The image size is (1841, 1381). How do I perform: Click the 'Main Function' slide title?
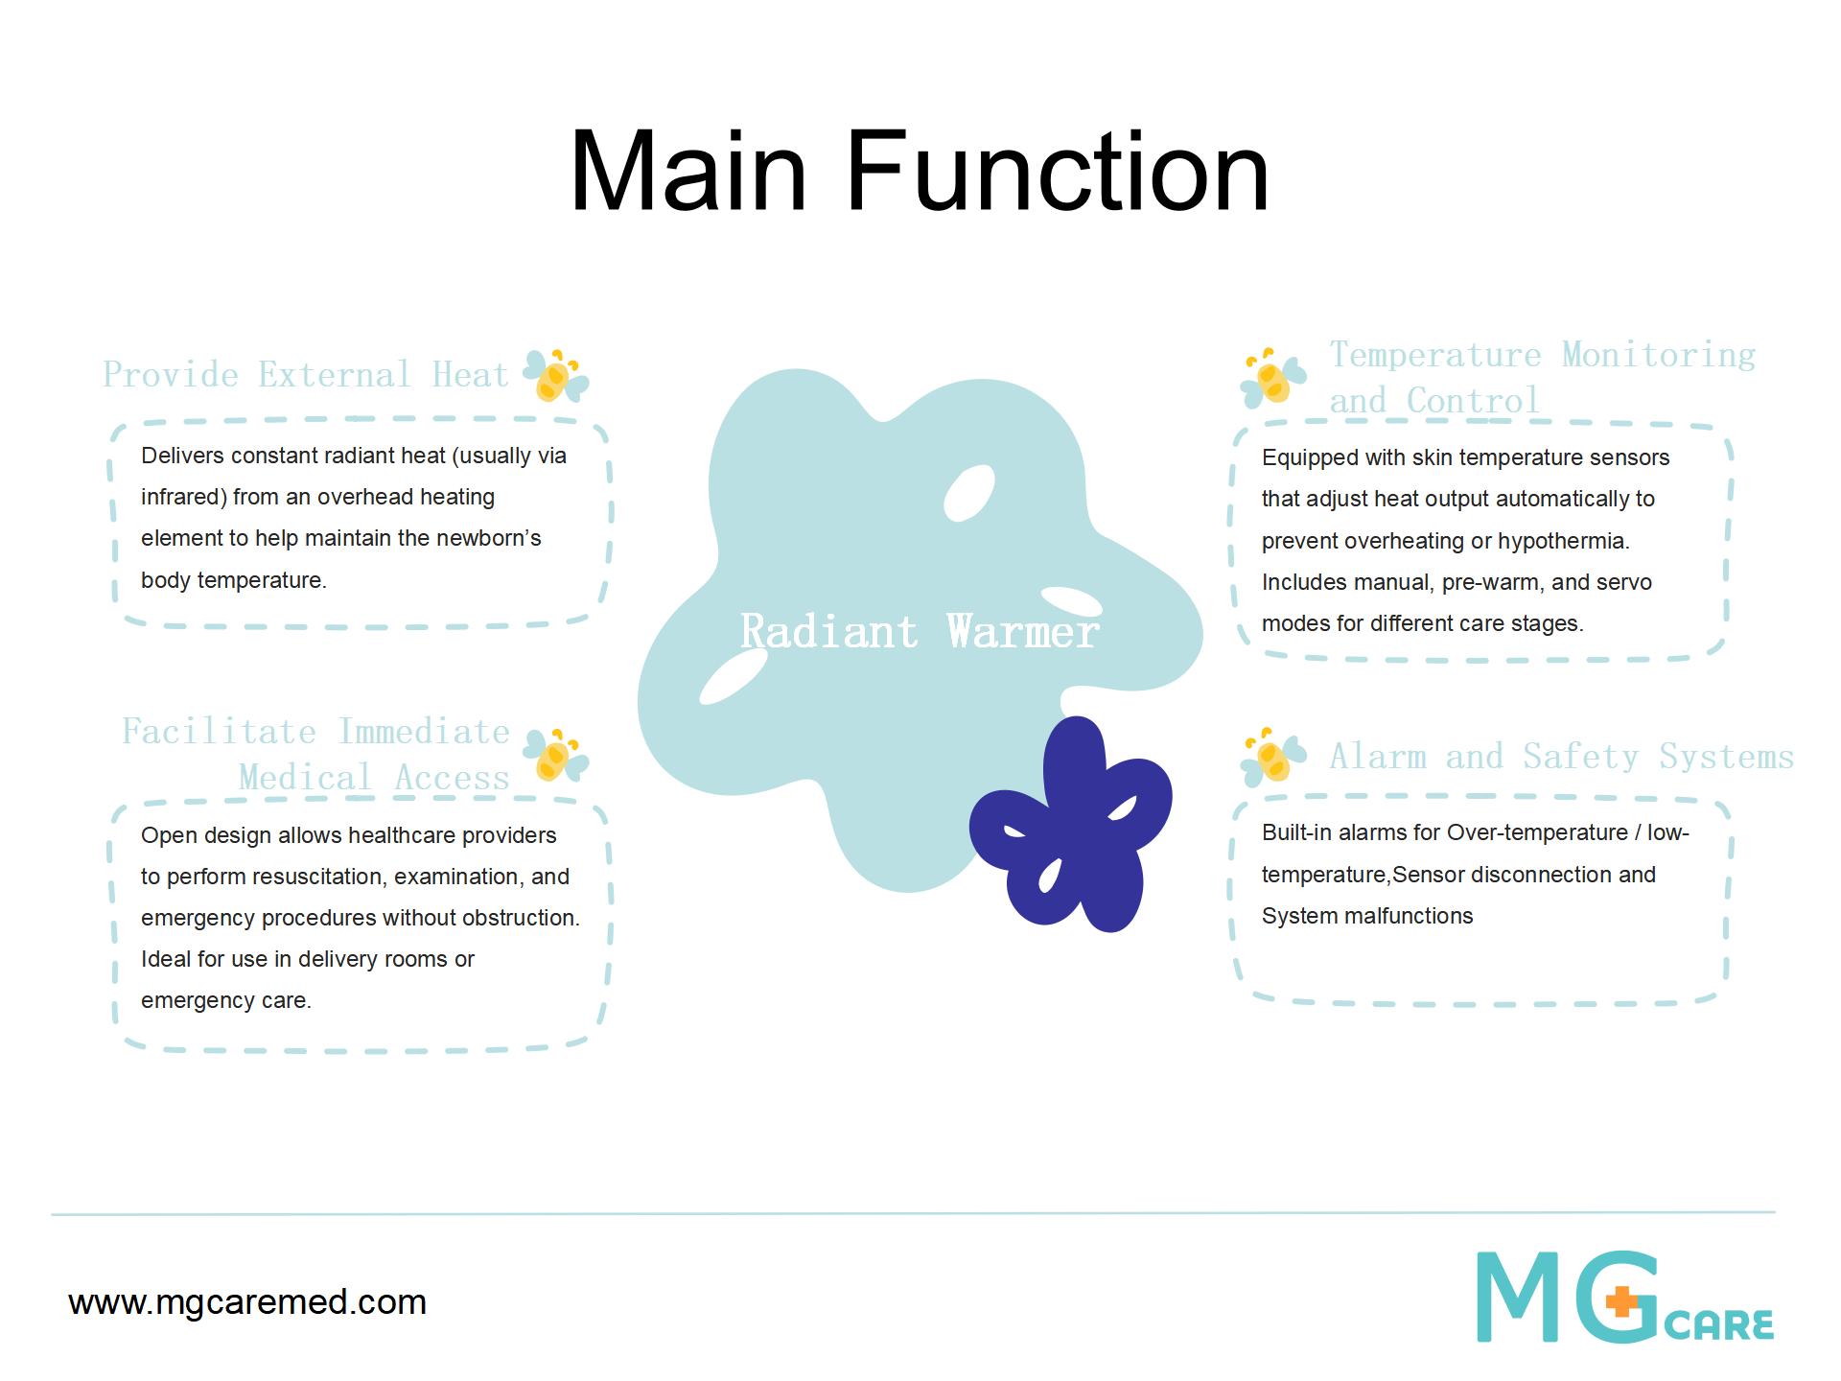click(920, 173)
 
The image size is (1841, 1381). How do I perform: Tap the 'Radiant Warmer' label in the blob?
click(920, 631)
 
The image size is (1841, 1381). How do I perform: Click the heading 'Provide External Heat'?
click(305, 374)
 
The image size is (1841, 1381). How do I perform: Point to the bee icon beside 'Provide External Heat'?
click(556, 375)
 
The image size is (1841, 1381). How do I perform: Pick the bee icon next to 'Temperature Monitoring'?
click(1273, 377)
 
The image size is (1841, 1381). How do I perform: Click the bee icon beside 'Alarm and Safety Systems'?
click(1273, 757)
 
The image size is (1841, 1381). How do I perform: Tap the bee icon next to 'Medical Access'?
click(556, 754)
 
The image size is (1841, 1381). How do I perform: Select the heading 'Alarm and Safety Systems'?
click(1561, 757)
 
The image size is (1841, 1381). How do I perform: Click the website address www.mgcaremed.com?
click(247, 1302)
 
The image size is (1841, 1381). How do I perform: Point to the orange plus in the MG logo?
click(1622, 1304)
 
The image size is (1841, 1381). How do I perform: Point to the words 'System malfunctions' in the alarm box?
click(1367, 916)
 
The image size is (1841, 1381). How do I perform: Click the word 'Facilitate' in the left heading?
click(219, 732)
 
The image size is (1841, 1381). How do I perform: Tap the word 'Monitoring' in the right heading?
click(1659, 355)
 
